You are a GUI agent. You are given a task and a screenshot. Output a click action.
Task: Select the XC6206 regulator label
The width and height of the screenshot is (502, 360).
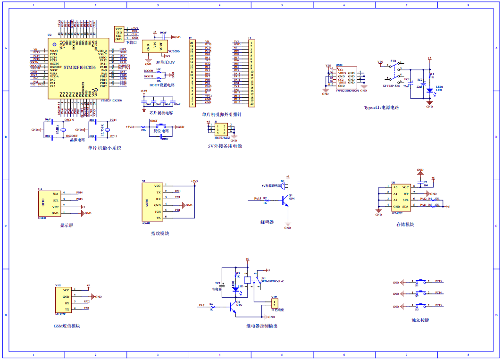coord(174,50)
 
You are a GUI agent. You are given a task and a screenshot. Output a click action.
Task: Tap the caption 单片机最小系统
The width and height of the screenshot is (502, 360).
coord(104,148)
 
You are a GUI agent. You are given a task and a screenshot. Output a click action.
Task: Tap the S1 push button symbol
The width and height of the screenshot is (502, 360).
coord(417,282)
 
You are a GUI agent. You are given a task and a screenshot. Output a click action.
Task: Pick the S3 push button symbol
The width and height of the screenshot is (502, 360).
coord(417,306)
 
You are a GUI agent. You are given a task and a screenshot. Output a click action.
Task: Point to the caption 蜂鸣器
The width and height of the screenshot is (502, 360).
coord(267,222)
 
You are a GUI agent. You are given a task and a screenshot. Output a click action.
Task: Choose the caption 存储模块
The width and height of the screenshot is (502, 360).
coord(405,225)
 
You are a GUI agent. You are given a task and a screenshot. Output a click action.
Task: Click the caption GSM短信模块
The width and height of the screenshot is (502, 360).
coord(67,326)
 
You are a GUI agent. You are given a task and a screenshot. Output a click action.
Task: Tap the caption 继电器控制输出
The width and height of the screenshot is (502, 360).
coord(262,326)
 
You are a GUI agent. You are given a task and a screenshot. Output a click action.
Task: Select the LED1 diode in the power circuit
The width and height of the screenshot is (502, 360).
coord(429,90)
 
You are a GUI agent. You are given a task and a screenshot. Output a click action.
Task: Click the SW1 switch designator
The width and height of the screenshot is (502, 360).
coord(393,61)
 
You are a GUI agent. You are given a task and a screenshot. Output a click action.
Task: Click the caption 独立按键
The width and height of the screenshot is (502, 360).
coord(419,320)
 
